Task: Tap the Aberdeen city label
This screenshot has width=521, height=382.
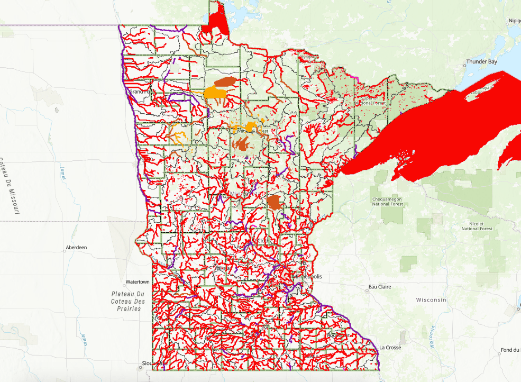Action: pyautogui.click(x=76, y=248)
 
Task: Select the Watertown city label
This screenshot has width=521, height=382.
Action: pyautogui.click(x=138, y=282)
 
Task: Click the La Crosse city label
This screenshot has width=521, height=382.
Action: pyautogui.click(x=389, y=348)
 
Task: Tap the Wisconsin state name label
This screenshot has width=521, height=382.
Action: pyautogui.click(x=431, y=300)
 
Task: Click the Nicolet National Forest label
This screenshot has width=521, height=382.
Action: pyautogui.click(x=477, y=226)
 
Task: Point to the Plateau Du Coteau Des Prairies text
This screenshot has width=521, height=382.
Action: pyautogui.click(x=128, y=302)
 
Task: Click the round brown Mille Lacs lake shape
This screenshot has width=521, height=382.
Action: pyautogui.click(x=273, y=202)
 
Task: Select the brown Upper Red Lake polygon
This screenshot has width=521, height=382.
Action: pyautogui.click(x=225, y=81)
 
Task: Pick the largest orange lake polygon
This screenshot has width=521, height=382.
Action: pyautogui.click(x=217, y=93)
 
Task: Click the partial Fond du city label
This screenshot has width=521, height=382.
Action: pyautogui.click(x=510, y=350)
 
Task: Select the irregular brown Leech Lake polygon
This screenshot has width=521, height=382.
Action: pyautogui.click(x=243, y=144)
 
